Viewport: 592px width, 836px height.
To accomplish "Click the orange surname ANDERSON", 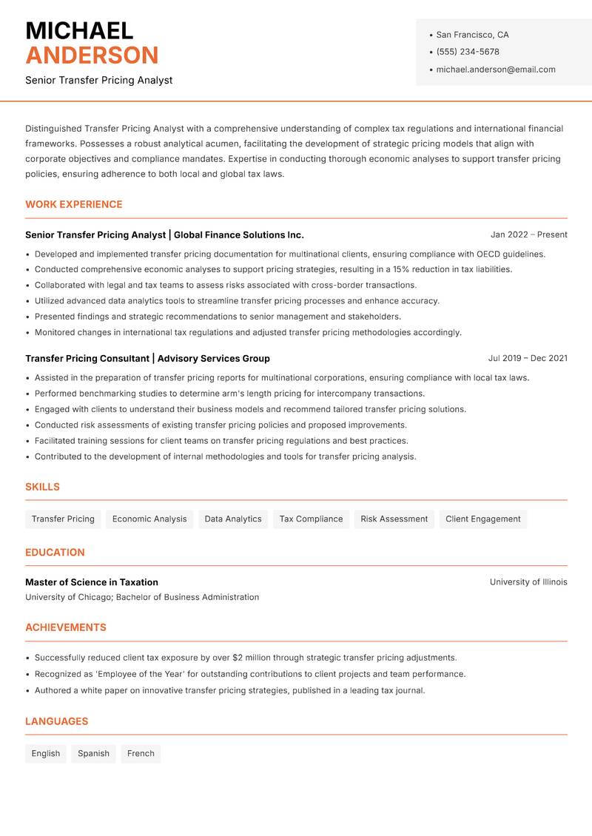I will coord(92,55).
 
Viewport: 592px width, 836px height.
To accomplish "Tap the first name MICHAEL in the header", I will coord(79,30).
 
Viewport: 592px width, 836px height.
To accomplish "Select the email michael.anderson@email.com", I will coord(495,70).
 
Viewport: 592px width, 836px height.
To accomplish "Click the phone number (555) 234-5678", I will coord(467,52).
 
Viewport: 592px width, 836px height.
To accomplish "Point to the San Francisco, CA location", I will coord(472,35).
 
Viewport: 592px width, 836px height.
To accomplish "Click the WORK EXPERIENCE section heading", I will coord(74,204).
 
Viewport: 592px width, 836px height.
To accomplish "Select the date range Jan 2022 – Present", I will coord(528,235).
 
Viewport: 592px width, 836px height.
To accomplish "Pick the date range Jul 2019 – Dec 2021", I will coord(527,358).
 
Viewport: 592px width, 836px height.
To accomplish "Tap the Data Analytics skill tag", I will coord(233,519).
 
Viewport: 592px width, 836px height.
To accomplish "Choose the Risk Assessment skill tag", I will coord(394,519).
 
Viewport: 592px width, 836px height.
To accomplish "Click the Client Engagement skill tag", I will coord(482,519).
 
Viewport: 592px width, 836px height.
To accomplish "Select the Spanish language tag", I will coord(93,754).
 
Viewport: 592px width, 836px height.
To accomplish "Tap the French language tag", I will coord(141,754).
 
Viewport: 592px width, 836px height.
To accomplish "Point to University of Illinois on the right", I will coord(528,582).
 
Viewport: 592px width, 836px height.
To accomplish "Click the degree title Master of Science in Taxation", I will coord(92,582).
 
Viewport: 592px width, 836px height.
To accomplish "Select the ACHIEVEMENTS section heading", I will coord(66,627).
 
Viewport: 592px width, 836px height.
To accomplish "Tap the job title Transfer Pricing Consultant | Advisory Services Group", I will coord(147,358).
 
